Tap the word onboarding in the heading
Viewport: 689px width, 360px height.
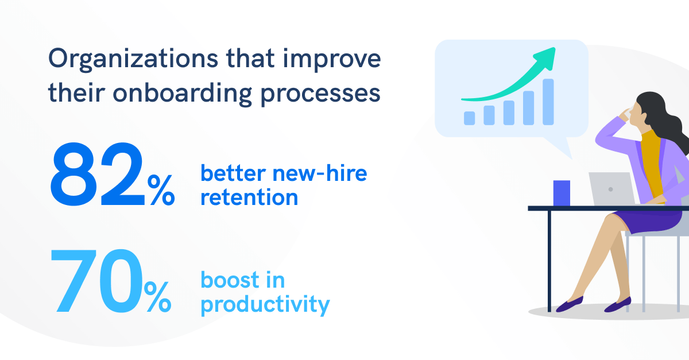[x=183, y=94]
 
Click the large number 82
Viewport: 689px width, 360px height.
[x=98, y=174]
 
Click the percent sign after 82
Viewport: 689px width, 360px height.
[x=161, y=190]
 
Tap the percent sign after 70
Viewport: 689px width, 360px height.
[x=157, y=297]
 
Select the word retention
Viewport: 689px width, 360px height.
[x=249, y=198]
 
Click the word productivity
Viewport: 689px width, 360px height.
[x=265, y=305]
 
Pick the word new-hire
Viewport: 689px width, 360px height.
[x=320, y=173]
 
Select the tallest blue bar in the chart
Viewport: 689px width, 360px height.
[x=548, y=102]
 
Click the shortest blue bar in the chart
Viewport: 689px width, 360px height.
[x=469, y=118]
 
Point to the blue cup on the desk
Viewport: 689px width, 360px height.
[x=562, y=193]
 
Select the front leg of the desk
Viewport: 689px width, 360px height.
[x=549, y=261]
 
